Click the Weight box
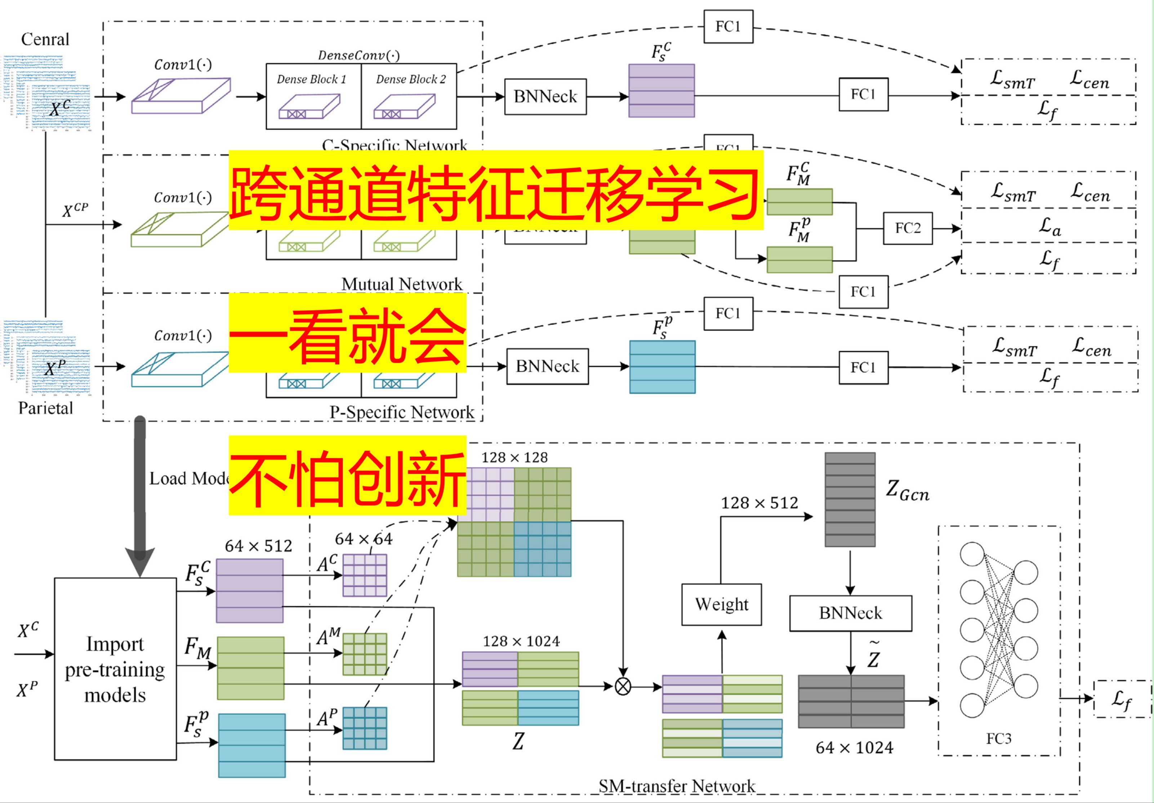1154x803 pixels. [721, 604]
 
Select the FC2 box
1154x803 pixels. [908, 228]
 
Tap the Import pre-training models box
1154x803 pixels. [115, 669]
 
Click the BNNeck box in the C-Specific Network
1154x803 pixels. [545, 97]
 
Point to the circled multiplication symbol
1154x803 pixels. [623, 686]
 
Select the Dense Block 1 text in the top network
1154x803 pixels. [312, 79]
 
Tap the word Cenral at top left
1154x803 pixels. [45, 39]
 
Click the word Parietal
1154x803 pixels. [45, 408]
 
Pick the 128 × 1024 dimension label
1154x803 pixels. [521, 641]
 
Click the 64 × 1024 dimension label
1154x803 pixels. [855, 748]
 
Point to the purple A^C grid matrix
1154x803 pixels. [364, 575]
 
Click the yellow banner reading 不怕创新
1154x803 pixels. [347, 476]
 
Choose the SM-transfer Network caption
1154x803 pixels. [677, 786]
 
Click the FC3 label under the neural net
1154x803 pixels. [998, 739]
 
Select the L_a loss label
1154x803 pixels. [1050, 227]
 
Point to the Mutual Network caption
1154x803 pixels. [402, 284]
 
